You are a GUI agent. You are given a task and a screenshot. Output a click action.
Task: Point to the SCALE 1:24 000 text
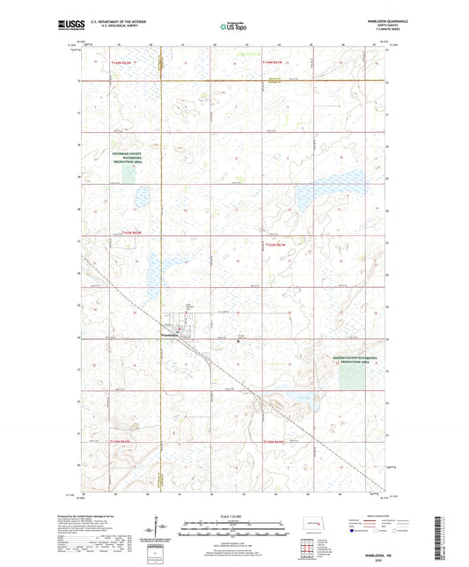pos(234,515)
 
